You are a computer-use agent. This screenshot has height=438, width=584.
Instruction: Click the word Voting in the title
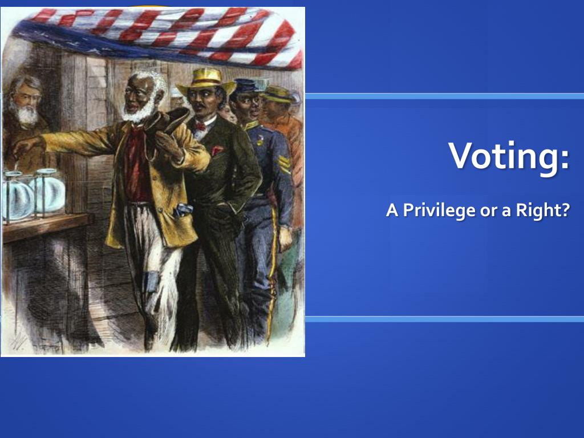coord(507,155)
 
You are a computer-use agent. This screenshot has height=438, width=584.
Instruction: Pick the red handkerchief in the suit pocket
coord(217,151)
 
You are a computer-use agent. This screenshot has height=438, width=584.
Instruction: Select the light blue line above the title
coord(444,96)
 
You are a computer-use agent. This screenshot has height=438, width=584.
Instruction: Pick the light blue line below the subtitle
coord(444,319)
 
